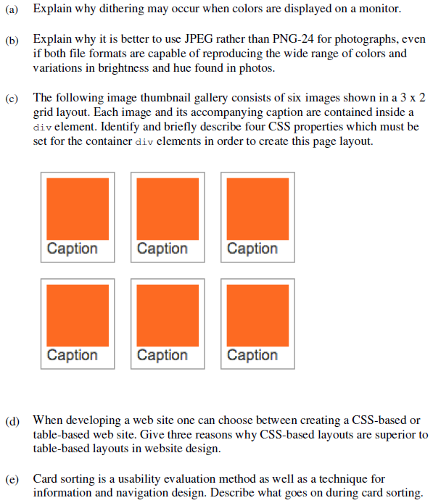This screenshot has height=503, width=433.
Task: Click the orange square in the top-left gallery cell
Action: tap(78, 209)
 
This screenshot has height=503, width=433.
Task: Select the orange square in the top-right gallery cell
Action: tap(257, 209)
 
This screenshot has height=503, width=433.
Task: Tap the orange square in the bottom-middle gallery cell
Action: tap(168, 315)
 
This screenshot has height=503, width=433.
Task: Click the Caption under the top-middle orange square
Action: tap(162, 249)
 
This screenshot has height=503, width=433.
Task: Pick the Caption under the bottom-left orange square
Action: tap(73, 356)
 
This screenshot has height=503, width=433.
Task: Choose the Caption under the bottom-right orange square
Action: tap(252, 356)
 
